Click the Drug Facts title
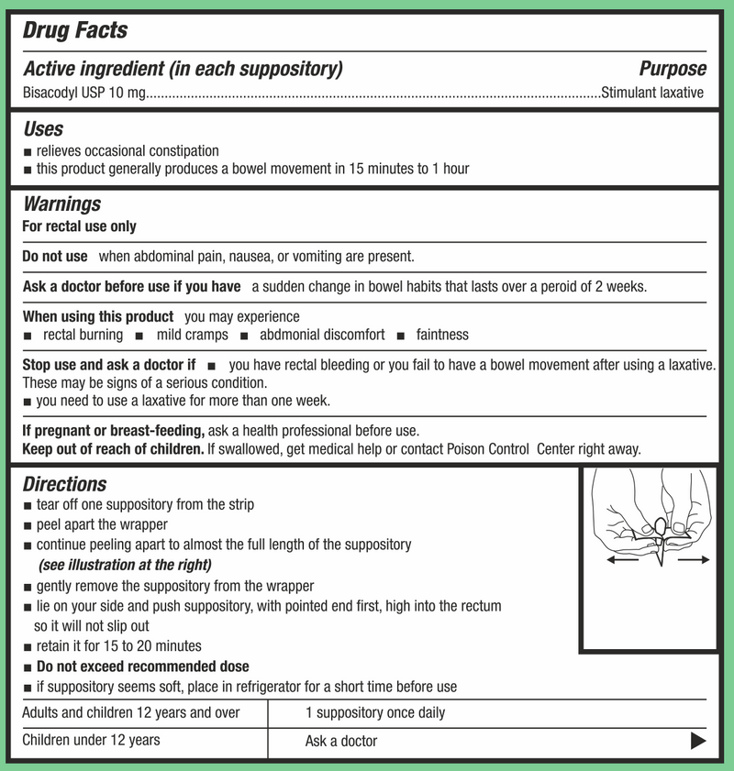coord(74,30)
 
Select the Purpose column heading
coord(673,69)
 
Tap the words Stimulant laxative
coord(652,92)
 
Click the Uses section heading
coord(43,129)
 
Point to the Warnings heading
coord(61,204)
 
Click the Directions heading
coord(64,484)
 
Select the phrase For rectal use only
coord(79,226)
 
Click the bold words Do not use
coord(55,257)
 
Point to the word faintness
coord(442,335)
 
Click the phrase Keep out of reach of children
coord(113,449)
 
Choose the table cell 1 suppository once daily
coord(376,712)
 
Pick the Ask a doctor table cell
coord(341,741)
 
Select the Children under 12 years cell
coord(91,740)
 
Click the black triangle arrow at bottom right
coord(698,741)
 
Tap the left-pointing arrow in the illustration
coord(621,561)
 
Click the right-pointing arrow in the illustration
coord(694,560)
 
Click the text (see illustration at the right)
coord(125,564)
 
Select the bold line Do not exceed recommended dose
coord(142,666)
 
